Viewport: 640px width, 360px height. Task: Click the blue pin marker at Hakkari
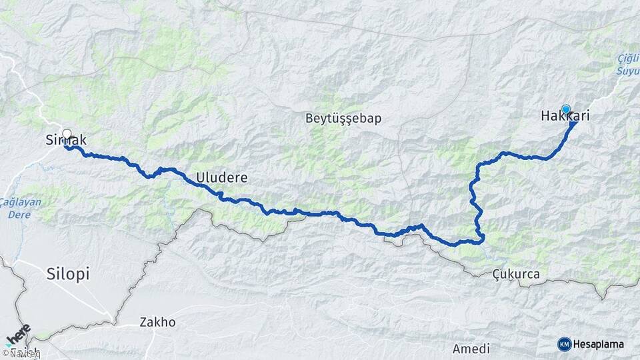point(566,110)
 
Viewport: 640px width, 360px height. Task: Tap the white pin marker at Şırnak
point(67,133)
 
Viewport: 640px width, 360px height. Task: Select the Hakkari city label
point(565,117)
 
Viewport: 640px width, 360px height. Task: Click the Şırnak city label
point(66,140)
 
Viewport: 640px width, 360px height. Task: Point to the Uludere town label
point(222,178)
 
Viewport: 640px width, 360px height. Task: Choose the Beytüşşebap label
point(343,119)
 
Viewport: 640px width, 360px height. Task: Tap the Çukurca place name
point(516,274)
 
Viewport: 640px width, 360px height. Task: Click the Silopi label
point(68,273)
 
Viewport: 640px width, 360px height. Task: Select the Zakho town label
point(157,322)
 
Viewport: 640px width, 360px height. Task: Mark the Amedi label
point(471,349)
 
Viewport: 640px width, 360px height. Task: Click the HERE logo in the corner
point(18,336)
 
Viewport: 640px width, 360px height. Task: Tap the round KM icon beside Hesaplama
point(564,344)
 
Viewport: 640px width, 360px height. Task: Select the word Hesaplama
point(599,344)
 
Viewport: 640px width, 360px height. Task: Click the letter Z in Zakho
point(143,322)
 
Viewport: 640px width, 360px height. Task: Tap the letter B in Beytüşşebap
point(309,119)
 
